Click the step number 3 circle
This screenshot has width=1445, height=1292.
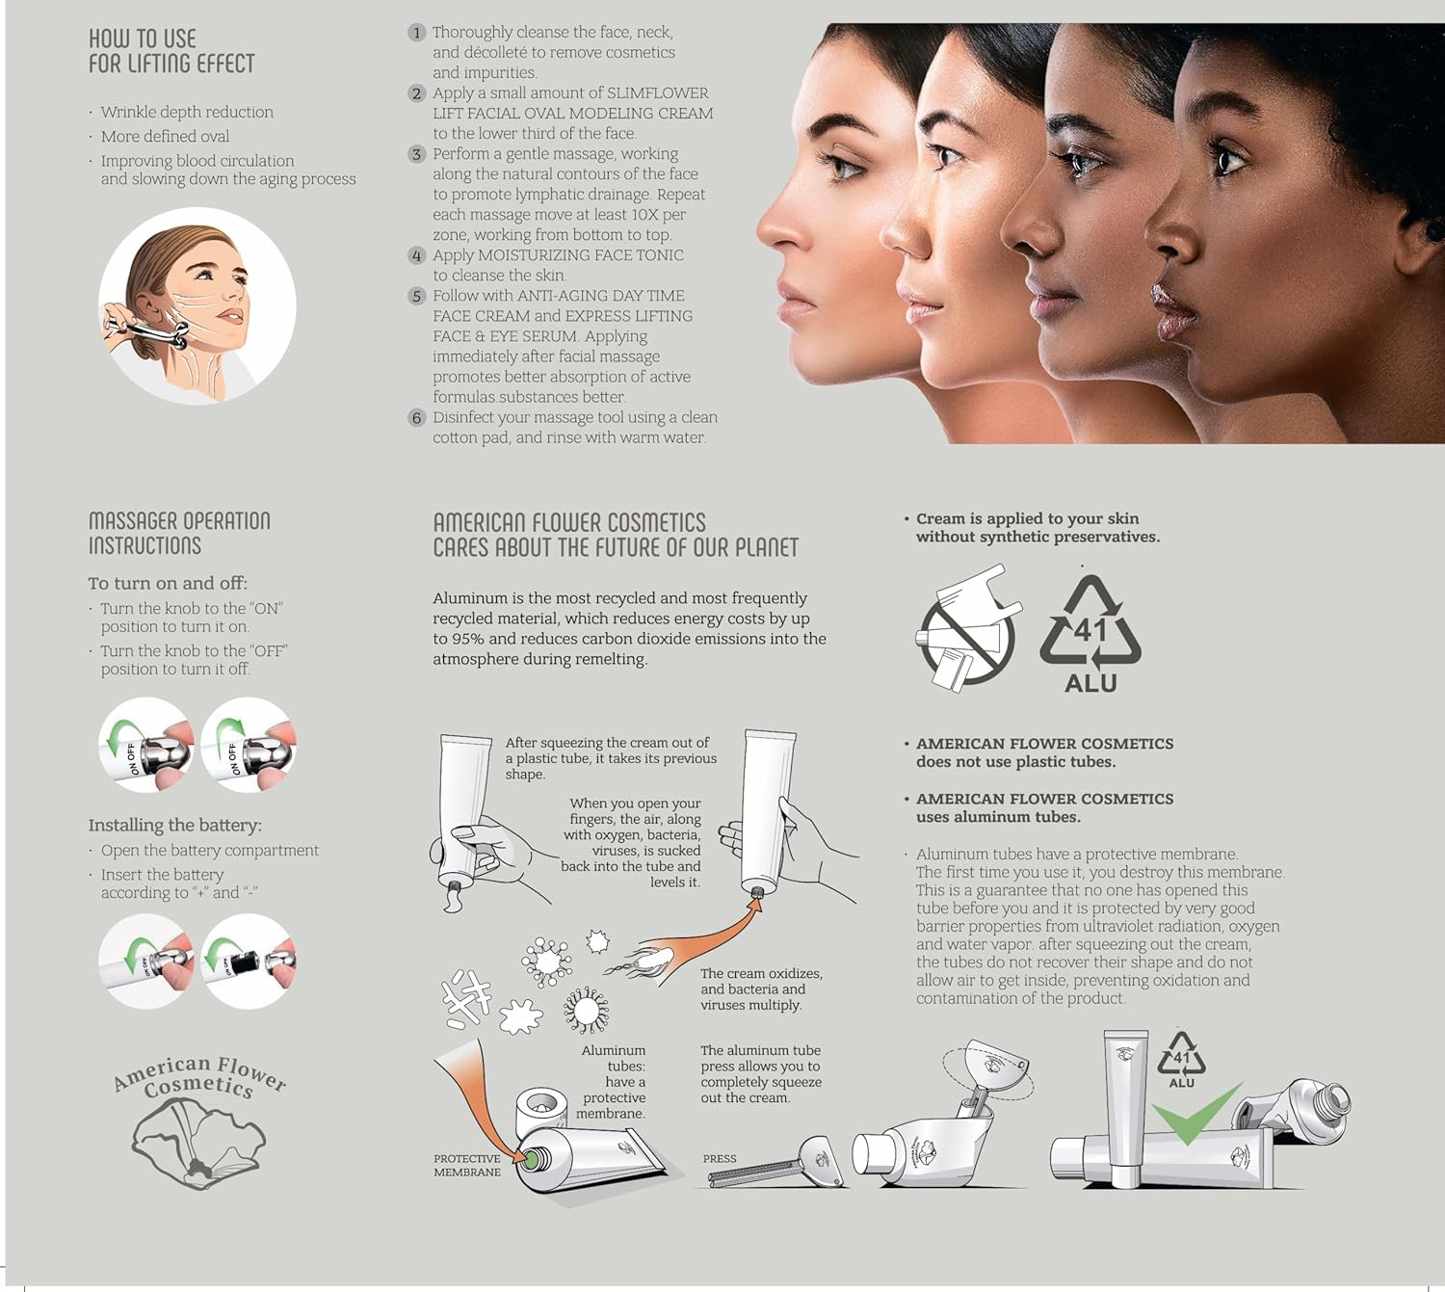(416, 154)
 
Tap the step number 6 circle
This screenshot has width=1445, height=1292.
(416, 418)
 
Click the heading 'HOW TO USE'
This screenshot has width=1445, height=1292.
(143, 39)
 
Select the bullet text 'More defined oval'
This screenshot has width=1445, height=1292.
(165, 136)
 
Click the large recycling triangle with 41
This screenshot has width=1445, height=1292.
(1090, 620)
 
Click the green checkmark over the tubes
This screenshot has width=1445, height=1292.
(1196, 1114)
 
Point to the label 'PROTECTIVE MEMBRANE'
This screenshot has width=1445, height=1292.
(467, 1165)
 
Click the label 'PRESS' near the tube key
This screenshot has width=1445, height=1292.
(720, 1159)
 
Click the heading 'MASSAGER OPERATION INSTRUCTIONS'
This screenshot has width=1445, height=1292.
(180, 533)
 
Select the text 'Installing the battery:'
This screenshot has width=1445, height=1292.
(174, 826)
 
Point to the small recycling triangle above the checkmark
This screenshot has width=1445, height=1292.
(1182, 1054)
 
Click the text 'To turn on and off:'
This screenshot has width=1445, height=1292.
(168, 583)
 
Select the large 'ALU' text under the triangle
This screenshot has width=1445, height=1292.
(1090, 683)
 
